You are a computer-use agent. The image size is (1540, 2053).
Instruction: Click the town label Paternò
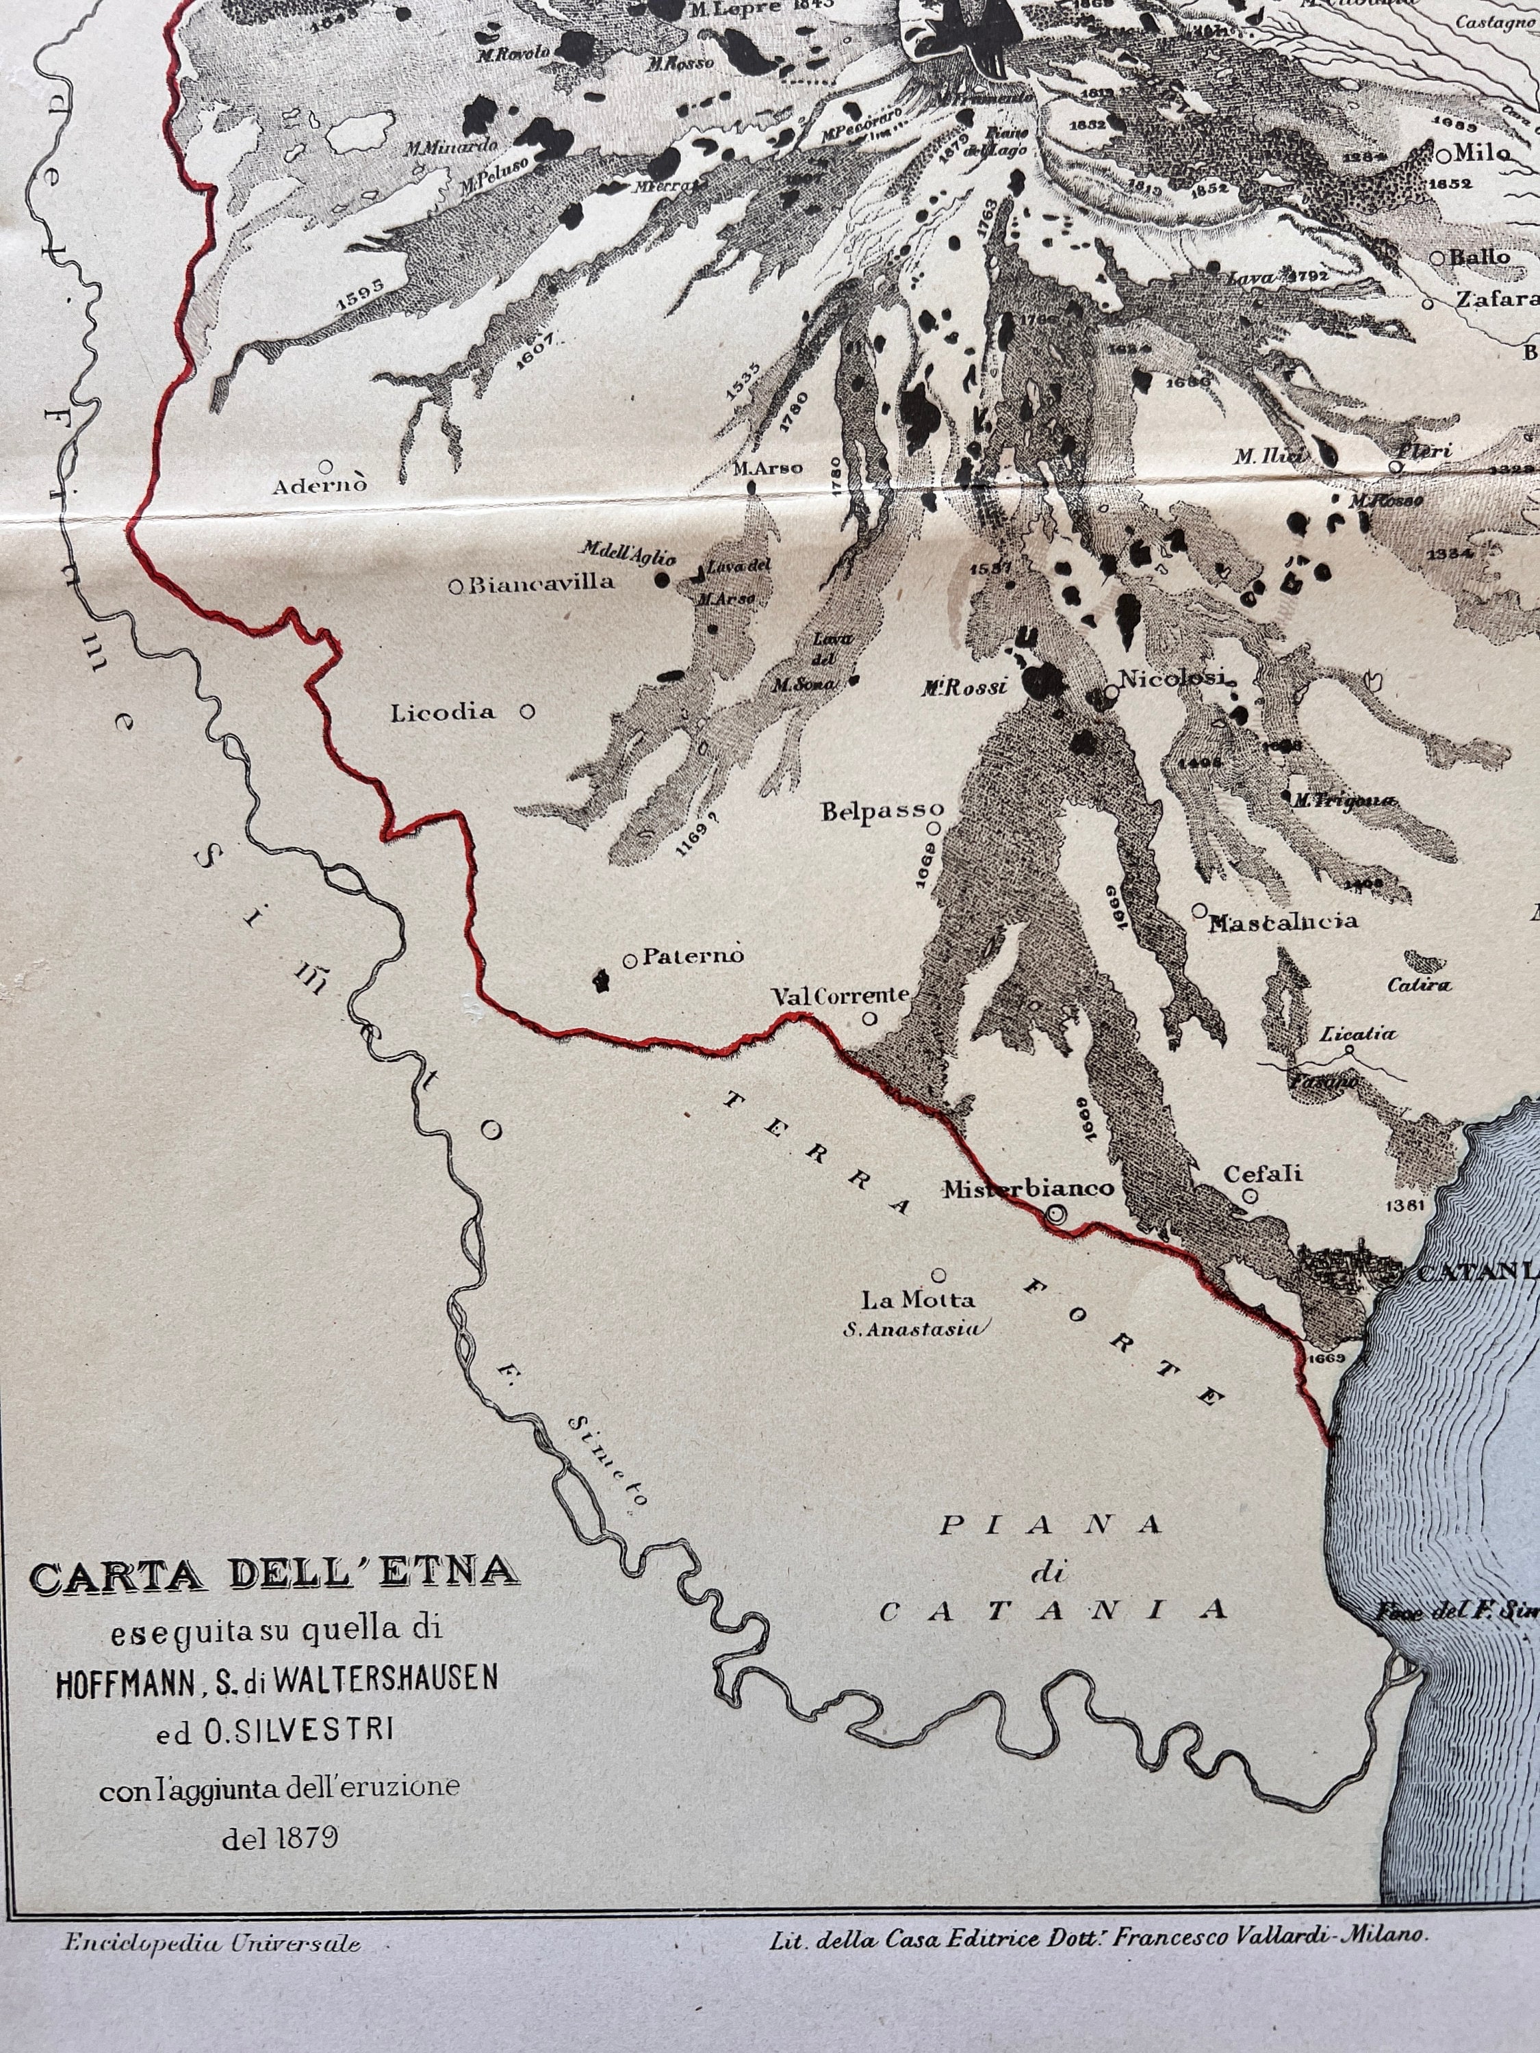coord(693,956)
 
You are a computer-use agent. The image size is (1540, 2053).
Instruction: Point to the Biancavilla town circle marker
coord(456,586)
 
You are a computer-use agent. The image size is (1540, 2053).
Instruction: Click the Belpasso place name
coord(882,810)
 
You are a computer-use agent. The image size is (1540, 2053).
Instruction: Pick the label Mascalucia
coord(1283,922)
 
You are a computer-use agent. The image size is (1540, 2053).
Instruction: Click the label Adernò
coord(320,485)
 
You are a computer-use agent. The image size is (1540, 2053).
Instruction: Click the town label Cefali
coord(1262,1174)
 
